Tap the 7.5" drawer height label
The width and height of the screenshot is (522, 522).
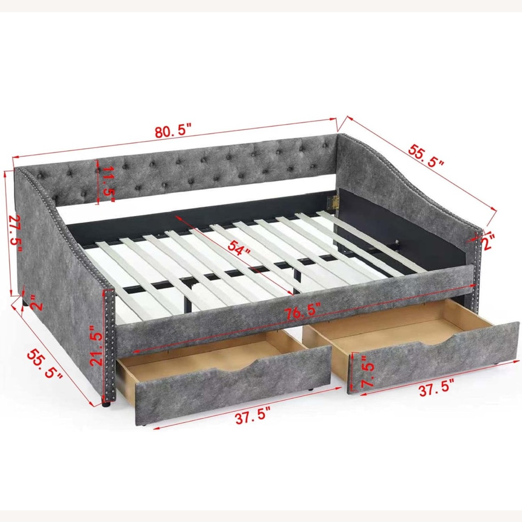point(367,371)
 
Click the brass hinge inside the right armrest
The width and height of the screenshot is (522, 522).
point(333,202)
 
